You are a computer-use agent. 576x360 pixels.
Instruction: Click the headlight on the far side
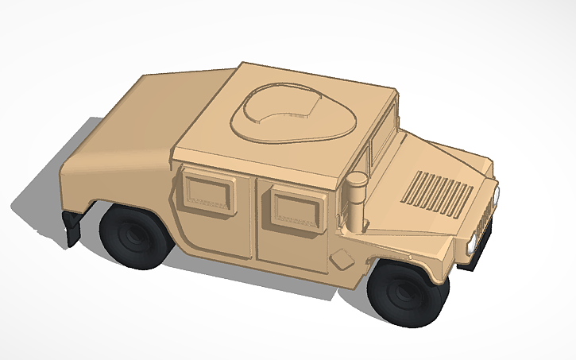click(x=496, y=194)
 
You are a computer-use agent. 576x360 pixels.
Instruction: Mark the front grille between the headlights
click(x=486, y=218)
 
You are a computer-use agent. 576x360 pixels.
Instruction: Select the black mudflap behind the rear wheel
click(x=72, y=228)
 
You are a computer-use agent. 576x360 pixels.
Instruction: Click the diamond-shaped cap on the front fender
click(x=341, y=259)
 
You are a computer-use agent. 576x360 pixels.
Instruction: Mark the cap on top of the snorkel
click(x=358, y=180)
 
